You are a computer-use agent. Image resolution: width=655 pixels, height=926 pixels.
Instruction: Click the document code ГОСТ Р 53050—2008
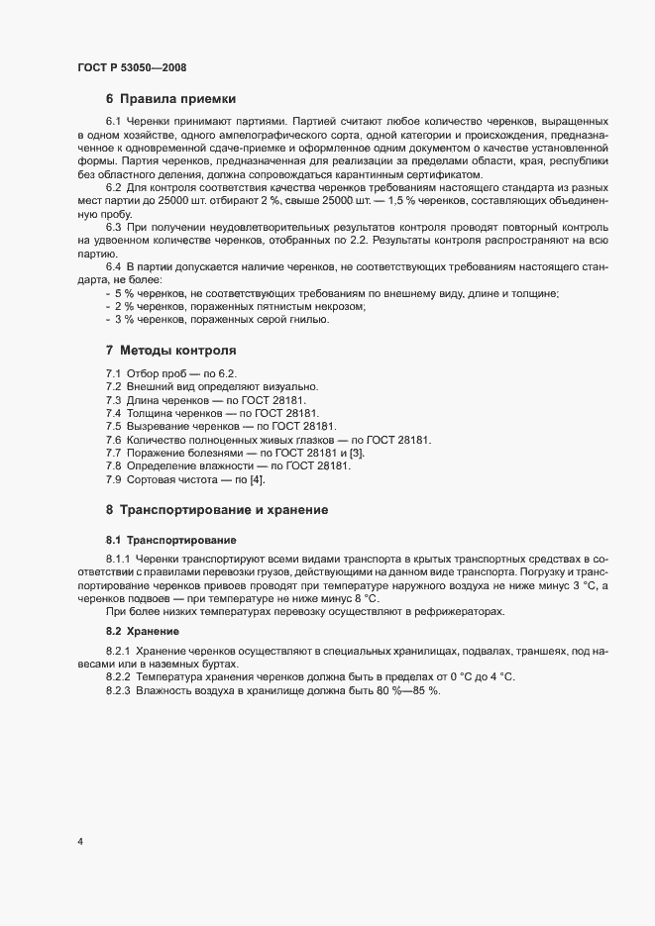pyautogui.click(x=131, y=67)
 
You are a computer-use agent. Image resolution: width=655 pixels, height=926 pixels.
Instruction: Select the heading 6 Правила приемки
pyautogui.click(x=169, y=98)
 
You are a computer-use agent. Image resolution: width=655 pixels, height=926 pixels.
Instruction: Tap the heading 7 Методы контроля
pyautogui.click(x=170, y=351)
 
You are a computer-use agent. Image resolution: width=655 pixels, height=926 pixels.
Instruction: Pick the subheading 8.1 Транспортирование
pyautogui.click(x=171, y=540)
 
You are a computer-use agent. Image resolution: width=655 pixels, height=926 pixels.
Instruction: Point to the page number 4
pyautogui.click(x=79, y=842)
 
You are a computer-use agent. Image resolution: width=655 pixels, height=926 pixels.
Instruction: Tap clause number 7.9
pyautogui.click(x=114, y=479)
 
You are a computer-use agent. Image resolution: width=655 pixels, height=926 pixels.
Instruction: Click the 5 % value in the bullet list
pyautogui.click(x=124, y=293)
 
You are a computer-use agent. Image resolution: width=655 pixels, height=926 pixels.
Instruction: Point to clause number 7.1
pyautogui.click(x=114, y=372)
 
